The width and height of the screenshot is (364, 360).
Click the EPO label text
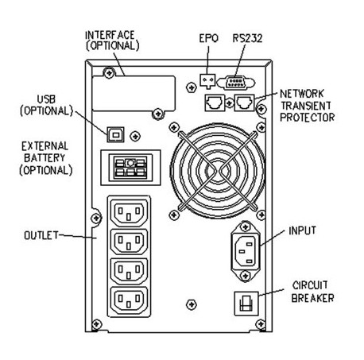209,38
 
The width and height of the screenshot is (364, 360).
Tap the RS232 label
247,38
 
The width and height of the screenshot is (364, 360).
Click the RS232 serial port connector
236,83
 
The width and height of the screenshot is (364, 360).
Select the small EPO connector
207,81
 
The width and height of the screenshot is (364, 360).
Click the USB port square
115,134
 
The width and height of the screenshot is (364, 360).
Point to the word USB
46,99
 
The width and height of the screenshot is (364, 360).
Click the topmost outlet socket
129,213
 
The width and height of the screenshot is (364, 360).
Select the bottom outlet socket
129,300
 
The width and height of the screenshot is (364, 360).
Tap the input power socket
246,251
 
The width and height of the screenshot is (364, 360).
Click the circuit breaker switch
246,304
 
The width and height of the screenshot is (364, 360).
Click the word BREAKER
312,298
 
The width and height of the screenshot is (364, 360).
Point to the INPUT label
302,230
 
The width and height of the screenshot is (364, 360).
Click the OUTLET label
41,235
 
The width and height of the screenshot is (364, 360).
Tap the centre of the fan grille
218,170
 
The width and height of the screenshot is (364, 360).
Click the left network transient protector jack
215,103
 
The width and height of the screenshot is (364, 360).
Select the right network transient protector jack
245,103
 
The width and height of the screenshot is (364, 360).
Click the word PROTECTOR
308,118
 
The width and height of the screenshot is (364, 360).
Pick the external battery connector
130,168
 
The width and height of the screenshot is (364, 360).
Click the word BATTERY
45,158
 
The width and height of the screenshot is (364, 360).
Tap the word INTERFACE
110,35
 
